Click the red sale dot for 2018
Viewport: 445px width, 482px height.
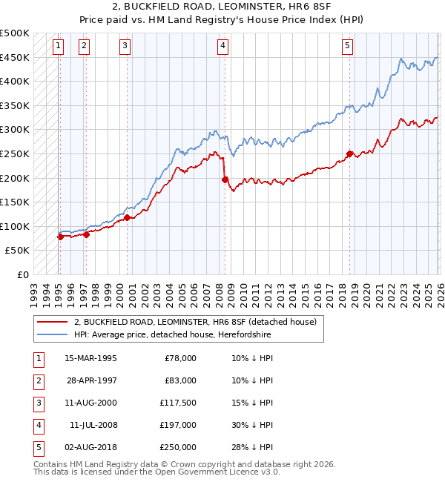(349, 154)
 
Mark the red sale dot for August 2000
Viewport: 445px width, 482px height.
(127, 218)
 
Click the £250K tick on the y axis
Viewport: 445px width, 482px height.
(16, 153)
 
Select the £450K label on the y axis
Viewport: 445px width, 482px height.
(16, 57)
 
